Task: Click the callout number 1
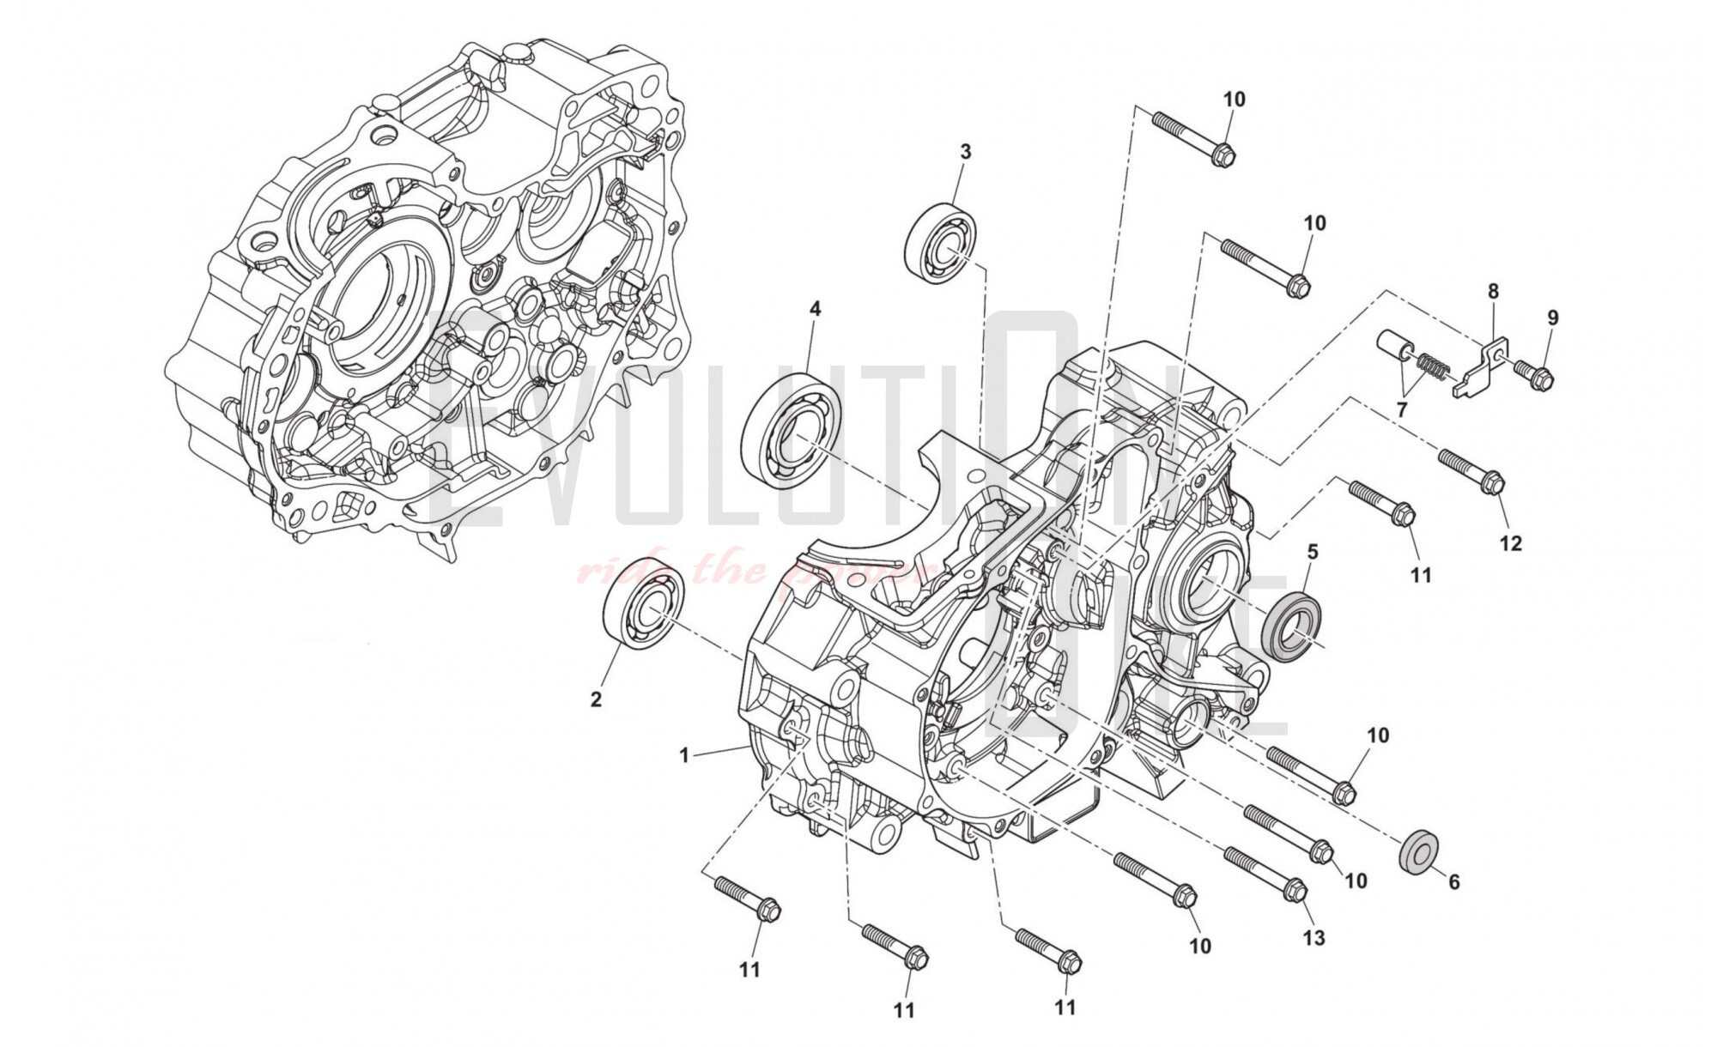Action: [684, 756]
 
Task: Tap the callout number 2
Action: [596, 699]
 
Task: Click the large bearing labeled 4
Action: [790, 431]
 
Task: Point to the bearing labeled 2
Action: [644, 602]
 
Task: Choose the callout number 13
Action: [1314, 937]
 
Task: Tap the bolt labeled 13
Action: [1264, 874]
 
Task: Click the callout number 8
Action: [1493, 292]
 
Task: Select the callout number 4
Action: [815, 308]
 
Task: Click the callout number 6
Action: [1453, 881]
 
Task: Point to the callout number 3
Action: [965, 152]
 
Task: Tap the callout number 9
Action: [1552, 318]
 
